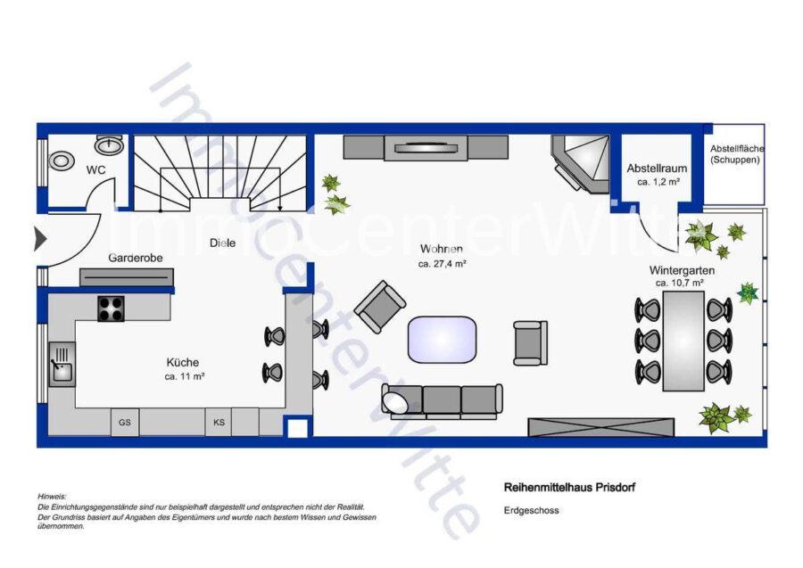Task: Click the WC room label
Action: click(95, 170)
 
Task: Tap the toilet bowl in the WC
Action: click(61, 161)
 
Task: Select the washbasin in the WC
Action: click(109, 144)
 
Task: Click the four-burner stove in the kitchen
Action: click(112, 309)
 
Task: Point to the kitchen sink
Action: click(62, 365)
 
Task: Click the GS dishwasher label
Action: click(124, 423)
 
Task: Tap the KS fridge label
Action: click(219, 423)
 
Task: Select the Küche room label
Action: click(183, 362)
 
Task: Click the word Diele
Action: click(223, 243)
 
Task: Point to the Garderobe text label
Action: click(136, 258)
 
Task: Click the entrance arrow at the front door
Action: click(40, 239)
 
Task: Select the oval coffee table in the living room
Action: click(442, 340)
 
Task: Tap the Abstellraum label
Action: click(657, 169)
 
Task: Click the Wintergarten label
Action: click(682, 270)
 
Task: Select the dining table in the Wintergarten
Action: click(683, 341)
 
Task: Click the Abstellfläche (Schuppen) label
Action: click(736, 154)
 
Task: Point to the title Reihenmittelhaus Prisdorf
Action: click(569, 487)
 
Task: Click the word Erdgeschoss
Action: click(531, 510)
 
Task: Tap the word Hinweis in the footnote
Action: click(52, 497)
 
